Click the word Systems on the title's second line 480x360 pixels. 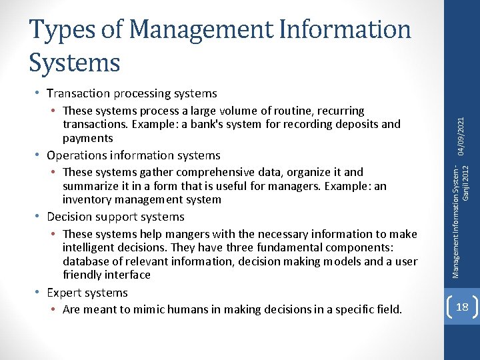[75, 62]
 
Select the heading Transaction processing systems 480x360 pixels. [132, 93]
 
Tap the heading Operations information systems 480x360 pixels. [133, 155]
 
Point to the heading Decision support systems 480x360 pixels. [116, 217]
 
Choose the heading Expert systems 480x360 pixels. [87, 293]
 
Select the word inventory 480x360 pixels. [84, 199]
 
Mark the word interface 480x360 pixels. [131, 275]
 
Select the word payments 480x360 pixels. [87, 138]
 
